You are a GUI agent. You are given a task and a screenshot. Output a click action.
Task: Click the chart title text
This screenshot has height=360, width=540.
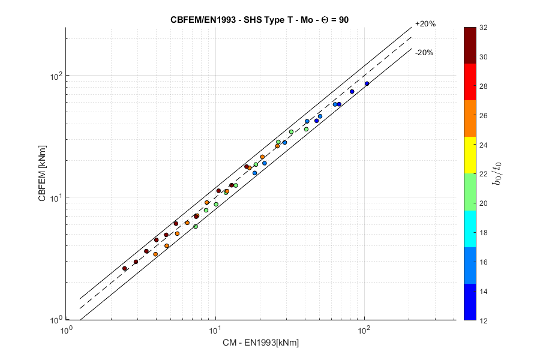coord(260,19)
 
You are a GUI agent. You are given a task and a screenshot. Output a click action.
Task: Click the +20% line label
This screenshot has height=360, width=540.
coord(425,25)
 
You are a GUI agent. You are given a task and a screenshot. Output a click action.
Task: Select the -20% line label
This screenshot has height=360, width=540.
coord(424,53)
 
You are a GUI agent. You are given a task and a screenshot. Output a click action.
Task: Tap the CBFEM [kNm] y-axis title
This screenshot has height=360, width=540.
coord(43,174)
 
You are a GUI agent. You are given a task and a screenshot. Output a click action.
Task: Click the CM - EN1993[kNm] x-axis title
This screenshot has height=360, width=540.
coord(260,343)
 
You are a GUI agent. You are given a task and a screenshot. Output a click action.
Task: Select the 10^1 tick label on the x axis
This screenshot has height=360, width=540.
coord(215,329)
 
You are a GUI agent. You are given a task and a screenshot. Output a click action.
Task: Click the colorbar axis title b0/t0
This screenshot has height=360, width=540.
coord(497,174)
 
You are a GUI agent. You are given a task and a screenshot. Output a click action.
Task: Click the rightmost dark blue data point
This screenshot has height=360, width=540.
coord(367,84)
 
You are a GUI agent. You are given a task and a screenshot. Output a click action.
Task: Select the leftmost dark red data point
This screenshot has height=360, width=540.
coord(125,268)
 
